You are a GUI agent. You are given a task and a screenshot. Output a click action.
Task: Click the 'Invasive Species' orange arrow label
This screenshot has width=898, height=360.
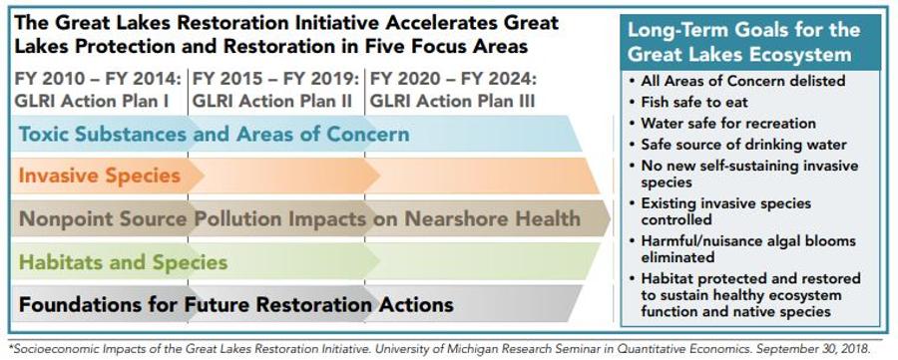[x=100, y=176]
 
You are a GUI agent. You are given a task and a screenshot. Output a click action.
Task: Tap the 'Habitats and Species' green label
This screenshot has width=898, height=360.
[x=123, y=262]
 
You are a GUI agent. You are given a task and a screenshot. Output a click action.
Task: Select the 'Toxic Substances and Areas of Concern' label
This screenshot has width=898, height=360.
[x=215, y=134]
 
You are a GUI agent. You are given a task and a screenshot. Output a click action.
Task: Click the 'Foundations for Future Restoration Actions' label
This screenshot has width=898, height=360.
[x=236, y=304]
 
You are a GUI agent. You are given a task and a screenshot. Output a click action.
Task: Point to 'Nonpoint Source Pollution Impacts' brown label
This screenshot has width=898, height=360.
[x=193, y=218]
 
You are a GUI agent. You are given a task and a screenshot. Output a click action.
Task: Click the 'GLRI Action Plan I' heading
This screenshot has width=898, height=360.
[x=92, y=102]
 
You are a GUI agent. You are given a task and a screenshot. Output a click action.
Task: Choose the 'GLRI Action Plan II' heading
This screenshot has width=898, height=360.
[x=272, y=102]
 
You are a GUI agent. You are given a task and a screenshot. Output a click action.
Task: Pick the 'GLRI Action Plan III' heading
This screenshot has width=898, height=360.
[x=452, y=102]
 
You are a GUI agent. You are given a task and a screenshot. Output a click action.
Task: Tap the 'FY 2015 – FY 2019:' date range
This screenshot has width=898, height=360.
[x=276, y=78]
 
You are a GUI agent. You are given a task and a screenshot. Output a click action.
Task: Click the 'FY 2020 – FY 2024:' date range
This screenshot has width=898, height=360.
[x=454, y=78]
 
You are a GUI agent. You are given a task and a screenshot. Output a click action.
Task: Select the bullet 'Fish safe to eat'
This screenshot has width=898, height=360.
[x=687, y=102]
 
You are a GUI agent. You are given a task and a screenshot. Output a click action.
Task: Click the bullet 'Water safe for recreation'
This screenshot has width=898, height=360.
[x=721, y=123]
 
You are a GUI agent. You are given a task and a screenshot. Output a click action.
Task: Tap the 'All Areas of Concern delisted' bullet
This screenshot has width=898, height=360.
[x=736, y=81]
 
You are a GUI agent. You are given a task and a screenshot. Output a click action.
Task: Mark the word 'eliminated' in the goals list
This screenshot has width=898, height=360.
[x=677, y=257]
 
